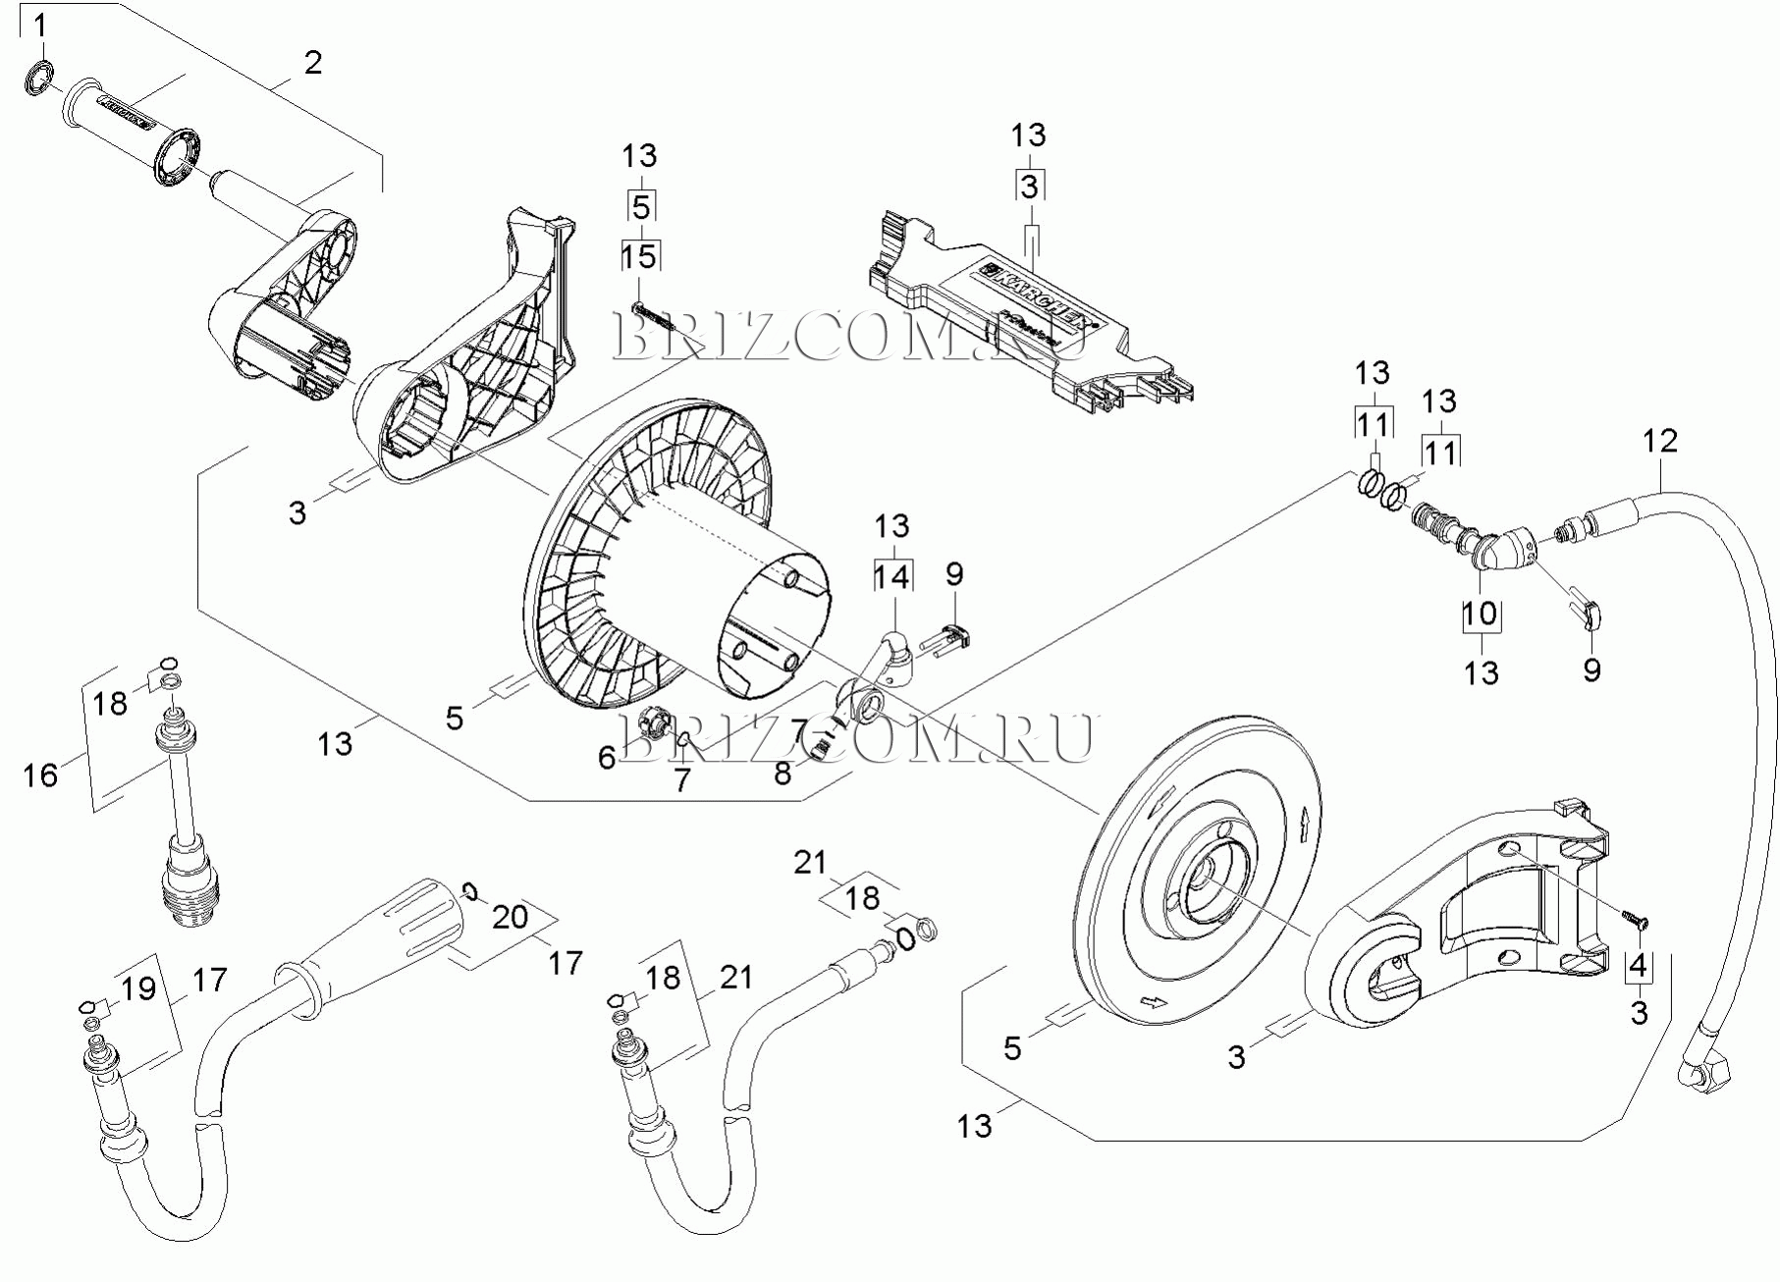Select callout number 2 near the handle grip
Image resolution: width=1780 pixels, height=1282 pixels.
click(x=312, y=63)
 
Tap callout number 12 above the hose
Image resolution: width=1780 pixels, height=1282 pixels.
click(x=1660, y=441)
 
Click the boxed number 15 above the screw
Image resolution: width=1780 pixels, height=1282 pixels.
click(x=639, y=257)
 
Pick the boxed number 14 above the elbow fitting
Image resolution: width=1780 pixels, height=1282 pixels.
click(x=892, y=576)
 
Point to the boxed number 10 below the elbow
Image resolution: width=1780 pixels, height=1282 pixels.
click(x=1480, y=614)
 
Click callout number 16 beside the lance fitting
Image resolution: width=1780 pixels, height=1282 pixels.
click(x=40, y=775)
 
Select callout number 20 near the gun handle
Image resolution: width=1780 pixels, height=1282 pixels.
click(x=511, y=917)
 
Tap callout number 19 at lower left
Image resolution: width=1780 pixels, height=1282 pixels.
click(x=139, y=988)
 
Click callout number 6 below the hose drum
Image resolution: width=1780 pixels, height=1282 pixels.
click(x=607, y=757)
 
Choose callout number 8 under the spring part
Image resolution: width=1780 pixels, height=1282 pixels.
click(x=782, y=774)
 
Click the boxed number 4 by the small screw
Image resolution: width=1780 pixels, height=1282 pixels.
click(x=1638, y=966)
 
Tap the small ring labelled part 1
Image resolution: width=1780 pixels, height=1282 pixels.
click(x=38, y=78)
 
